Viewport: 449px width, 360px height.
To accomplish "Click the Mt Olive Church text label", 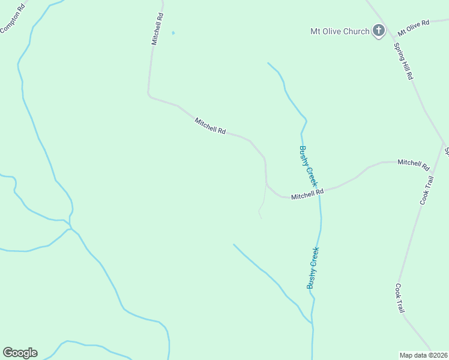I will (x=339, y=31).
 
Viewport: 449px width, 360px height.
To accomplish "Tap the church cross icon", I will (x=379, y=30).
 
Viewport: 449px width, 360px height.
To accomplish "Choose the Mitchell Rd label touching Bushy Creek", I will (x=307, y=194).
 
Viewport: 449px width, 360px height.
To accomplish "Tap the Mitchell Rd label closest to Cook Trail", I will (x=413, y=163).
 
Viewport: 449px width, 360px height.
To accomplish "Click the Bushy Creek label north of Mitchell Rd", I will (x=307, y=166).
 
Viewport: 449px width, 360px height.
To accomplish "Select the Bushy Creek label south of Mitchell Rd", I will (x=313, y=268).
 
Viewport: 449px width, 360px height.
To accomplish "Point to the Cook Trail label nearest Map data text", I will (x=400, y=298).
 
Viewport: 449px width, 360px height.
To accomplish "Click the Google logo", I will (x=20, y=353).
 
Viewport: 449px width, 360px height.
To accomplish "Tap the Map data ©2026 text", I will (x=423, y=355).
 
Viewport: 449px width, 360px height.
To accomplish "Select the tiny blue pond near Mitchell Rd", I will (x=173, y=32).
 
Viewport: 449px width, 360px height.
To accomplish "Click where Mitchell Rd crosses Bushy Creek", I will (x=319, y=191).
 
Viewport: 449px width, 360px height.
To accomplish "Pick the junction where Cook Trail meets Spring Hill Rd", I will (x=444, y=144).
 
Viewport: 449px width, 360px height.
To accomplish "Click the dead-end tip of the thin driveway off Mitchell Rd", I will (x=261, y=218).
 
